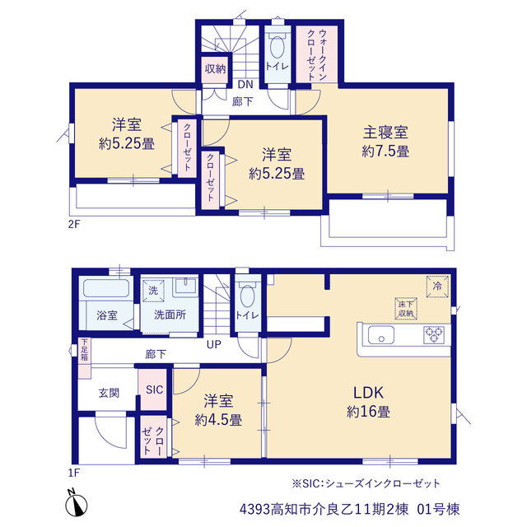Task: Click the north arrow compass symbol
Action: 77,503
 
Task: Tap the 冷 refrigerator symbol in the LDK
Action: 437,287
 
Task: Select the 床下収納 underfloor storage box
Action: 406,309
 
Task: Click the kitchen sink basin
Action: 381,335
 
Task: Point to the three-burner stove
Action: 434,335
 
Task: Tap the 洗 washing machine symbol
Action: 153,291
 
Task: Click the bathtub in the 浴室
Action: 106,288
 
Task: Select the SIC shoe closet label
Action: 154,389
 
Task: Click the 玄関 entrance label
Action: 109,393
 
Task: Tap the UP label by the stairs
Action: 214,344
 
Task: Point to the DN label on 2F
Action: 245,84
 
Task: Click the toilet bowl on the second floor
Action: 277,47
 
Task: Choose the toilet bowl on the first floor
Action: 247,296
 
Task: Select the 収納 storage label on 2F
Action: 216,68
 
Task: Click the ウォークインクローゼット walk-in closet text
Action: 317,55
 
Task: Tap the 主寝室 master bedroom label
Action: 385,132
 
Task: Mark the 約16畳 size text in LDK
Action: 368,412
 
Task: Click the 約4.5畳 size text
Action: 218,420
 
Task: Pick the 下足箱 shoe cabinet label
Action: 84,350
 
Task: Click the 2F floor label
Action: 74,224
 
